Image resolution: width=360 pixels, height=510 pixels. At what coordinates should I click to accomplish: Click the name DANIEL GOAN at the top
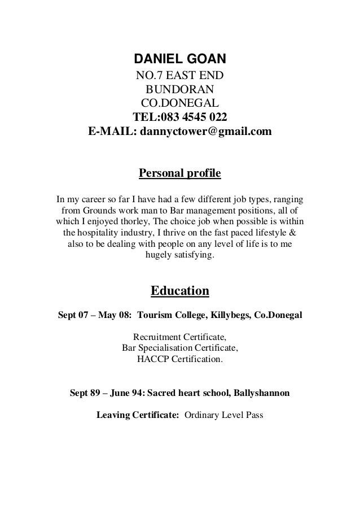[x=179, y=59]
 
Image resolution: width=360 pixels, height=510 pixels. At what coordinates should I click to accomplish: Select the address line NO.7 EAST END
[x=179, y=76]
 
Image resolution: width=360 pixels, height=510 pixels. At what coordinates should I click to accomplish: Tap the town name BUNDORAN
[x=179, y=90]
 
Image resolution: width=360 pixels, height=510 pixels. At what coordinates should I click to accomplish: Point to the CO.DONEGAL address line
[x=179, y=103]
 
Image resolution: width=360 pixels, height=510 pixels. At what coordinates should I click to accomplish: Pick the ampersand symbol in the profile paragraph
[x=300, y=233]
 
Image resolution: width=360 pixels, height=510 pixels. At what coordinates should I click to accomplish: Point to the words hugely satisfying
[x=179, y=255]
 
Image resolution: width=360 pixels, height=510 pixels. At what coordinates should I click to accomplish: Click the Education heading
[x=179, y=291]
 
